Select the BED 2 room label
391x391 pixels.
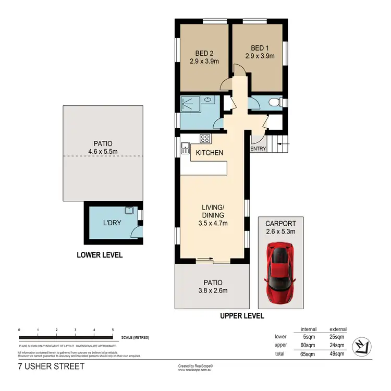pyautogui.click(x=204, y=53)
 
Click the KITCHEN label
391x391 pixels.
pyautogui.click(x=209, y=153)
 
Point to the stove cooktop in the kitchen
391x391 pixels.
pyautogui.click(x=205, y=139)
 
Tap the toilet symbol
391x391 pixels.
pyautogui.click(x=277, y=102)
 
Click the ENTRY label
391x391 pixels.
pyautogui.click(x=258, y=149)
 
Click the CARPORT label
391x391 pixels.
pyautogui.click(x=280, y=224)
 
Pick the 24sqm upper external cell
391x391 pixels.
pyautogui.click(x=337, y=345)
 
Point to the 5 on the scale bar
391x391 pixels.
pyautogui.click(x=113, y=330)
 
